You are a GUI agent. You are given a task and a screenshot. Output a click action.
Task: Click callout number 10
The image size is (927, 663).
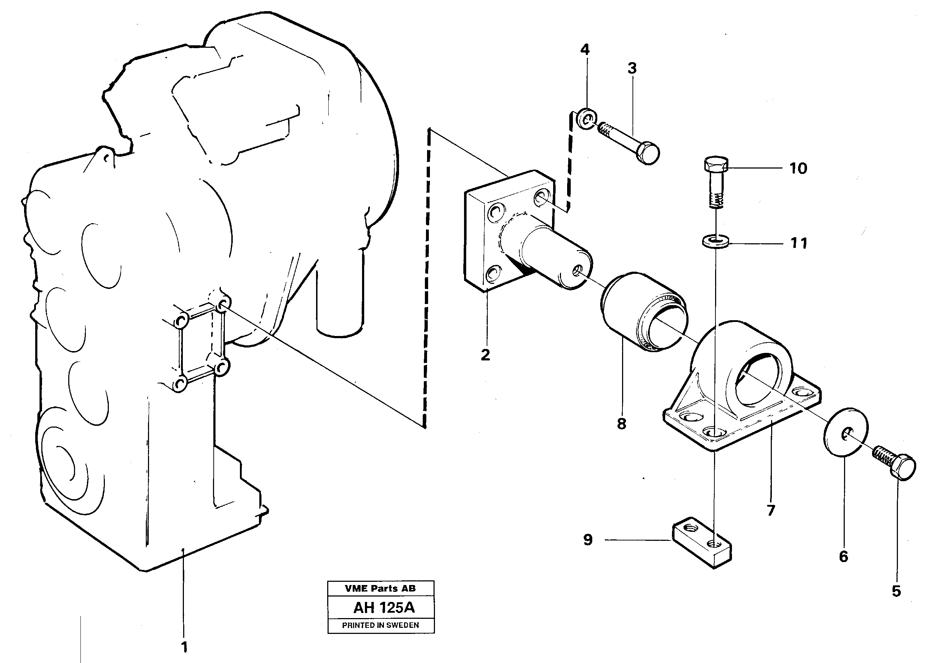pos(798,168)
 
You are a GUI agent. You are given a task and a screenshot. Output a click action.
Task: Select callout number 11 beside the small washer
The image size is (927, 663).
pos(799,243)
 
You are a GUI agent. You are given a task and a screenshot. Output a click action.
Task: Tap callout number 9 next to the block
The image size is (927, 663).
pos(588,540)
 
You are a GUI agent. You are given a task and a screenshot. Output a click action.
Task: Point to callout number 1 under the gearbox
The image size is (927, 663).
pos(184,647)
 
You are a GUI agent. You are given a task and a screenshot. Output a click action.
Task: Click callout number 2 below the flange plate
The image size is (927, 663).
pos(485,355)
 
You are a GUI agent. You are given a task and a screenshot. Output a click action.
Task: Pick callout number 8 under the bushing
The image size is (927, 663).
pos(621,424)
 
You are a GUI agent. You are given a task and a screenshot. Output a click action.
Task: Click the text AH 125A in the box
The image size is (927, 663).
pos(384,608)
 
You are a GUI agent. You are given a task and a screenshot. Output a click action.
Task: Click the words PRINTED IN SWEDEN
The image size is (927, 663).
pos(380,625)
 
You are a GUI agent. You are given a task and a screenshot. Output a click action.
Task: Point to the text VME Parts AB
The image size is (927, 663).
pos(380,588)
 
